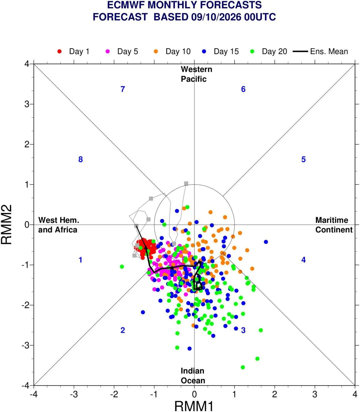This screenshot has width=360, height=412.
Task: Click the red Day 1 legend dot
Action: pyautogui.click(x=59, y=51)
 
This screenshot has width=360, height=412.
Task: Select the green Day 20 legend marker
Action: pyautogui.click(x=252, y=51)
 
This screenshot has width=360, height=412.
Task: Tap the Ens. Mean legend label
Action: pyautogui.click(x=329, y=51)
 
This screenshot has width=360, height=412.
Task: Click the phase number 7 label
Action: pyautogui.click(x=123, y=89)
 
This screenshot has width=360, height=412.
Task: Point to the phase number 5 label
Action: pyautogui.click(x=303, y=159)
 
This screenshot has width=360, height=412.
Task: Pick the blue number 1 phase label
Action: pyautogui.click(x=80, y=260)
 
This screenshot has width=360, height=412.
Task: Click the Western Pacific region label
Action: pyautogui.click(x=196, y=74)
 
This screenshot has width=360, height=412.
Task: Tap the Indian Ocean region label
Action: pyautogui.click(x=193, y=376)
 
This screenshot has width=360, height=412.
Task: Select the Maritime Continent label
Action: pyautogui.click(x=334, y=225)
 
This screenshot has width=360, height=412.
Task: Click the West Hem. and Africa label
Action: pyautogui.click(x=58, y=225)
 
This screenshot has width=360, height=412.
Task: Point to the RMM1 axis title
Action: pyautogui.click(x=194, y=406)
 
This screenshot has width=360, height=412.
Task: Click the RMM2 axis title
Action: pyautogui.click(x=7, y=225)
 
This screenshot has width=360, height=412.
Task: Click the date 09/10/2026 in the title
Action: pyautogui.click(x=216, y=17)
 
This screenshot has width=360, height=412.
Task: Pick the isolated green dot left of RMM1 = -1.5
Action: pyautogui.click(x=122, y=267)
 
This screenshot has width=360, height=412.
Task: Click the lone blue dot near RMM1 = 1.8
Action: pyautogui.click(x=266, y=242)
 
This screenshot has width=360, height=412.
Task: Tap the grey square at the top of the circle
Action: pyautogui.click(x=186, y=183)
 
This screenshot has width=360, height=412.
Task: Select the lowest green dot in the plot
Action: pyautogui.click(x=243, y=367)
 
